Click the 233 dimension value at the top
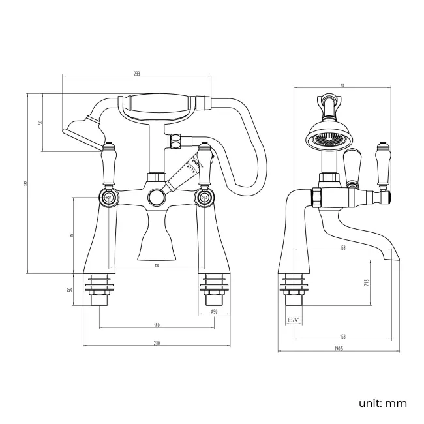pyautogui.click(x=136, y=73)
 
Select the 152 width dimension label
pyautogui.click(x=342, y=85)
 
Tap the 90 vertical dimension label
pyautogui.click(x=41, y=123)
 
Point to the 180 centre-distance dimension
pyautogui.click(x=157, y=325)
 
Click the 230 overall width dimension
pyautogui.click(x=157, y=344)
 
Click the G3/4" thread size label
pyautogui.click(x=294, y=320)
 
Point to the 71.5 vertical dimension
pyautogui.click(x=367, y=282)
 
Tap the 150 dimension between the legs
pyautogui.click(x=157, y=264)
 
